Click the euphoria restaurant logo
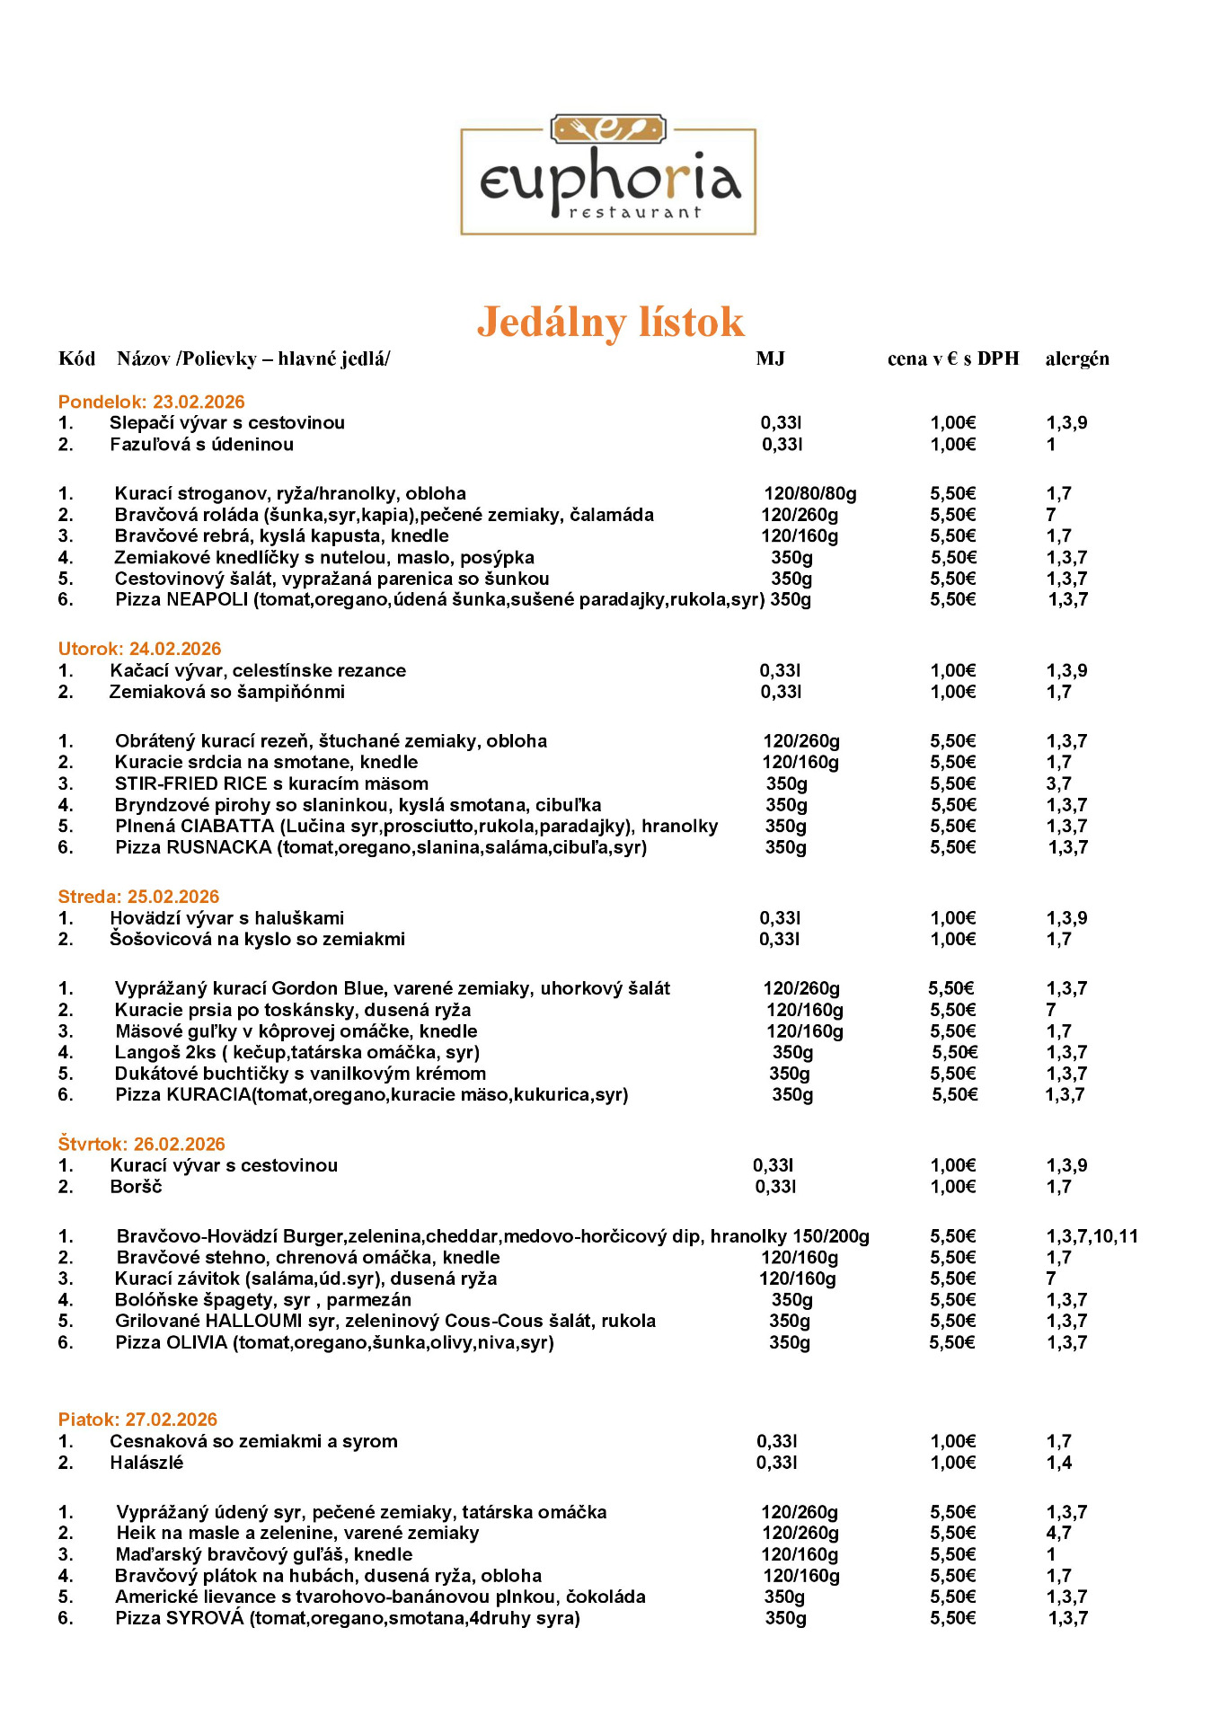click(x=608, y=175)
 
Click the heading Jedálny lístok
click(x=610, y=322)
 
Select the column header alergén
click(x=1076, y=358)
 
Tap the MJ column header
click(x=770, y=358)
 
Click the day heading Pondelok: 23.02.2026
click(x=151, y=402)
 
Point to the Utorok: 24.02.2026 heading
click(x=139, y=649)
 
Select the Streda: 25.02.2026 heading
click(x=138, y=897)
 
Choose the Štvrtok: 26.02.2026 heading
click(x=141, y=1144)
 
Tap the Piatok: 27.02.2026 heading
click(x=137, y=1420)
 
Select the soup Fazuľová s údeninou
click(x=201, y=444)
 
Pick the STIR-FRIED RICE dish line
click(x=271, y=783)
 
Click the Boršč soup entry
click(x=136, y=1187)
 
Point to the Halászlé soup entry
click(x=146, y=1463)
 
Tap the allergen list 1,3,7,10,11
click(x=1092, y=1236)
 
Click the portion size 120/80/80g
click(x=809, y=493)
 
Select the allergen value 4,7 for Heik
click(x=1058, y=1533)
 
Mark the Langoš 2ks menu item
click(x=296, y=1052)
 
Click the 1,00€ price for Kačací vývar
click(x=952, y=670)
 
